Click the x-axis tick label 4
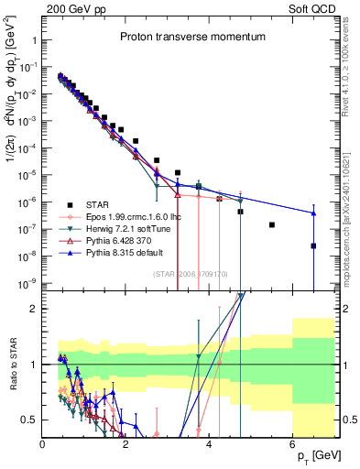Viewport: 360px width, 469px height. click(210, 445)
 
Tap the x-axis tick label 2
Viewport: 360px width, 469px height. click(126, 445)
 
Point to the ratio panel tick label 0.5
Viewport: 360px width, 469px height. click(31, 420)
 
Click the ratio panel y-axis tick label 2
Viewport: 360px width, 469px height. click(35, 309)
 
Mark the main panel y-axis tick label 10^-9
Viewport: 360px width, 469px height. click(27, 283)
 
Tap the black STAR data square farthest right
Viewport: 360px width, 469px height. click(313, 245)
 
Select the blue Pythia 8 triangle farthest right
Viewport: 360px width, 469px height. click(313, 213)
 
